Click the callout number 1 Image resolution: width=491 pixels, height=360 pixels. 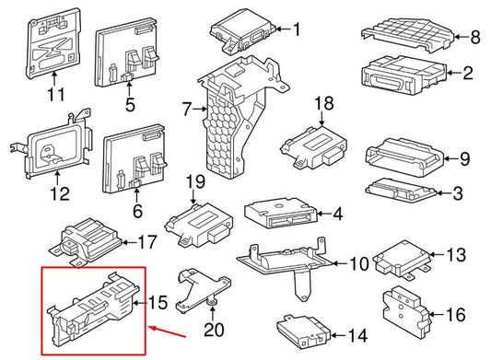tap(297, 29)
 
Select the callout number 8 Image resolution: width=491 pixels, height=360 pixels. tap(475, 37)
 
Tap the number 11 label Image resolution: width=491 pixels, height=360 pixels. tap(56, 94)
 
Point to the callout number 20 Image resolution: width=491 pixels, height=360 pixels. tap(214, 329)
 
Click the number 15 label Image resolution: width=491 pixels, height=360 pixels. tap(158, 302)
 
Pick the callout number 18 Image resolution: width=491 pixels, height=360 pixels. tap(324, 103)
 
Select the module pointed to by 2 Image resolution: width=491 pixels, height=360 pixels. tap(404, 75)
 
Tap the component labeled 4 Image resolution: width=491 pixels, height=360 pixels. tap(280, 213)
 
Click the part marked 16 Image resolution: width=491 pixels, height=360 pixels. tap(405, 313)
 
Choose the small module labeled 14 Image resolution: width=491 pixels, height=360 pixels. tap(303, 331)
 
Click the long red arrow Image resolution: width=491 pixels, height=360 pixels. tap(168, 332)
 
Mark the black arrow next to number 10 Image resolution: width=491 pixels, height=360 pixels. tap(339, 263)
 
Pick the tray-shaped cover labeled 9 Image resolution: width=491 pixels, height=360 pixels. tap(405, 157)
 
